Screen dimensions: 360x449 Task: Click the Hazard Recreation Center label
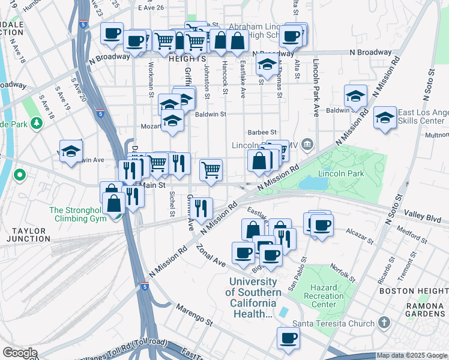click(x=324, y=296)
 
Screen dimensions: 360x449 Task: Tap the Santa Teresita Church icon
click(x=385, y=324)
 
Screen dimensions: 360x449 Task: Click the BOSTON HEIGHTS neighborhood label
click(x=414, y=291)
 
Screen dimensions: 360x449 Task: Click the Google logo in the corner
click(x=19, y=353)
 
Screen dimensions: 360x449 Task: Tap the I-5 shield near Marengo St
click(x=145, y=286)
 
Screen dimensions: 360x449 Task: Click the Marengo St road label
click(x=194, y=315)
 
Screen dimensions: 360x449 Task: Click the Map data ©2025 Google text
click(x=412, y=355)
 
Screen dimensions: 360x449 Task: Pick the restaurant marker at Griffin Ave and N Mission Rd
click(x=203, y=208)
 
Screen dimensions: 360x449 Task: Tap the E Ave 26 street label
click(x=151, y=8)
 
